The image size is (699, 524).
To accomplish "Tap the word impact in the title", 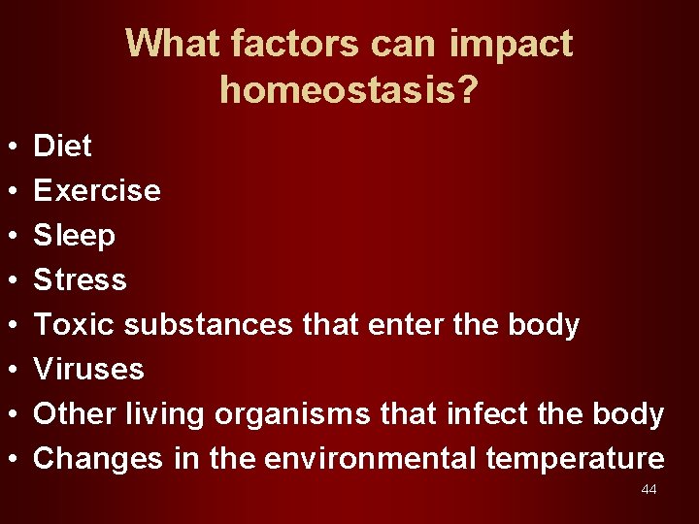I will click(511, 44).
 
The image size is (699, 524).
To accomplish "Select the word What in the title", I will click(175, 44).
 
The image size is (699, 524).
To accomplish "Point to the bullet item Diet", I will click(63, 147).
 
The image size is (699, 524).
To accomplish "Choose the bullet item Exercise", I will click(97, 191).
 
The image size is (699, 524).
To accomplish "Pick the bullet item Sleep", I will click(75, 236).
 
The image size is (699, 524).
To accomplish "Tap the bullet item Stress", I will click(81, 280).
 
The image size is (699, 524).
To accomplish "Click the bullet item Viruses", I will click(89, 370).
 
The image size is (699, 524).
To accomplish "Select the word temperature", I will click(575, 459).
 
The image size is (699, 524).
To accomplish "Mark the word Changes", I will click(98, 459).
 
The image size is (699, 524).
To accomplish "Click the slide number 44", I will click(649, 490).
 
